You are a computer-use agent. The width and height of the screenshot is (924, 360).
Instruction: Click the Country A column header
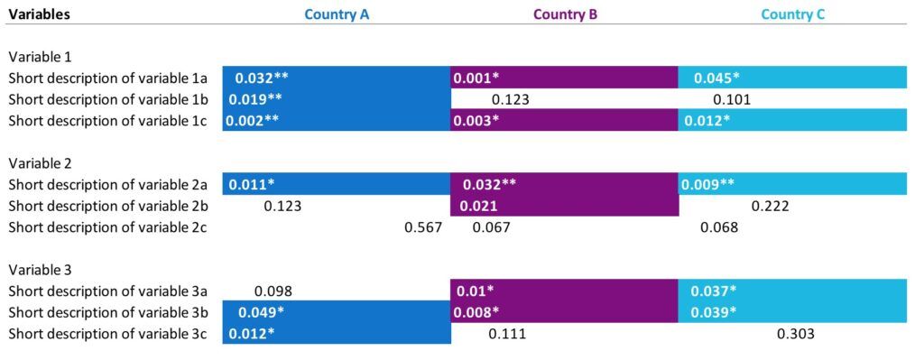[337, 14]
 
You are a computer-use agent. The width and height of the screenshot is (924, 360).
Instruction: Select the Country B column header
[565, 14]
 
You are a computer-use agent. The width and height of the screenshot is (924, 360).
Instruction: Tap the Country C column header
[793, 14]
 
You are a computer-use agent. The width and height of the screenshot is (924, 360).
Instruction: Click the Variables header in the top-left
[40, 14]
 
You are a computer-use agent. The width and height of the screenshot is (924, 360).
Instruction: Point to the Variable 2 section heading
[41, 163]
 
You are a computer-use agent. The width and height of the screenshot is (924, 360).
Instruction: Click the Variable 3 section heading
[41, 270]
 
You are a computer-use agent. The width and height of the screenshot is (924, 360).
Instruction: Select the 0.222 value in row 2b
[770, 207]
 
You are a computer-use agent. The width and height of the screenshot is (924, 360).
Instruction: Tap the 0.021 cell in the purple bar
[481, 207]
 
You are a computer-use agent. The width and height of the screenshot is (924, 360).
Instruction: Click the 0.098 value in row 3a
[273, 291]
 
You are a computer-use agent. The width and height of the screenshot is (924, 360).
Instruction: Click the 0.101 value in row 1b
[732, 99]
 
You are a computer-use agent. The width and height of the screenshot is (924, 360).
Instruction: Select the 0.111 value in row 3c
[506, 334]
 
